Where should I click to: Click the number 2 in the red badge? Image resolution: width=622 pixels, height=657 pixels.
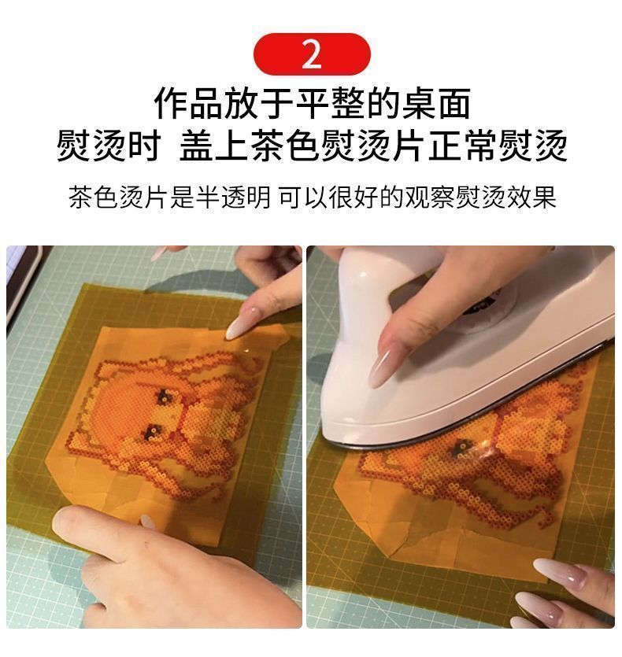coord(312,54)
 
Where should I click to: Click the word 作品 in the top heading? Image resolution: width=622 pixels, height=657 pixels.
coord(189,104)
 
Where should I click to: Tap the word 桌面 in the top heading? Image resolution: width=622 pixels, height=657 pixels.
coord(436,104)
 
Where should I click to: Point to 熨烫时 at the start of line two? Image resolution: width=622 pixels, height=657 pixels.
coord(109,146)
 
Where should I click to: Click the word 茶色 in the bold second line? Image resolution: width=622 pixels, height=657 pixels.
coord(285,146)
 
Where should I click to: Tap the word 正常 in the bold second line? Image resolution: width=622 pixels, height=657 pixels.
coord(463,146)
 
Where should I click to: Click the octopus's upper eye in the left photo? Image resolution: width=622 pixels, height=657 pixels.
coord(164,396)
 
